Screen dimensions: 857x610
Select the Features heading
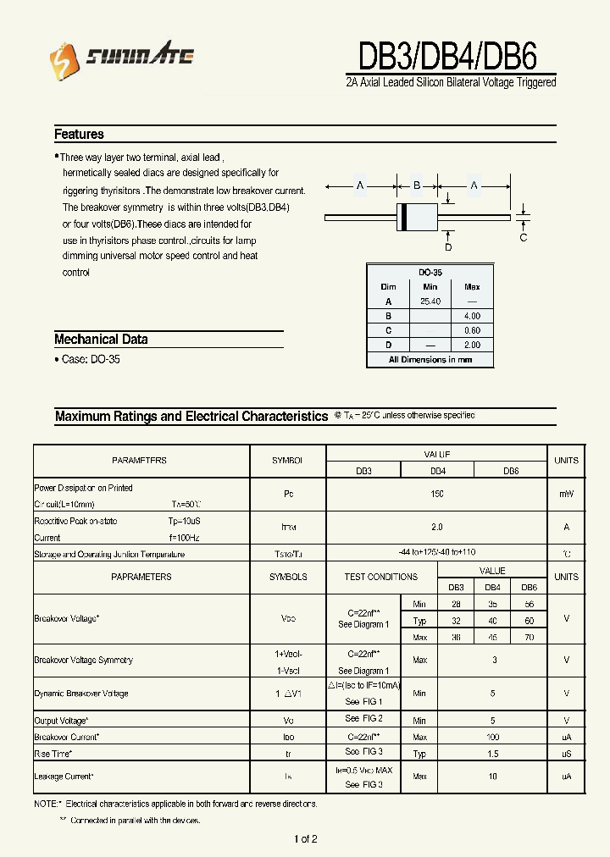pos(79,134)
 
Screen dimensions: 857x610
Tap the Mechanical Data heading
pos(101,339)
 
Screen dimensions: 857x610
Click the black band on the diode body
pos(404,218)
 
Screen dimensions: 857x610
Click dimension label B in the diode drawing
pos(416,185)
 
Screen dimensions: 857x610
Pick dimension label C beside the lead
pos(523,237)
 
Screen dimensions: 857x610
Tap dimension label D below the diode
pos(448,246)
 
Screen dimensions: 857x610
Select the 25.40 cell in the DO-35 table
pos(430,301)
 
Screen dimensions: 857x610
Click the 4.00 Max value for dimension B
pos(472,316)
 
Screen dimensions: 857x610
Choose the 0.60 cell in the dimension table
pos(472,330)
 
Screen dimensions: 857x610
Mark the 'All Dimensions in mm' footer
pos(430,360)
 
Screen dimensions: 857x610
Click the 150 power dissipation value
pos(436,494)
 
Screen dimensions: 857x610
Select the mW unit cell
pos(566,494)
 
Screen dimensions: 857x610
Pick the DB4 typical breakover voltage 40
pos(492,620)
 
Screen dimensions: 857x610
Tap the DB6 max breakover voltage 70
pos(529,636)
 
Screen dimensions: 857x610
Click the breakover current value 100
pos(493,737)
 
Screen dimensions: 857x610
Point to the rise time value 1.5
pos(493,753)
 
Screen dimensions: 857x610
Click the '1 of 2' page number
pos(305,839)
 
